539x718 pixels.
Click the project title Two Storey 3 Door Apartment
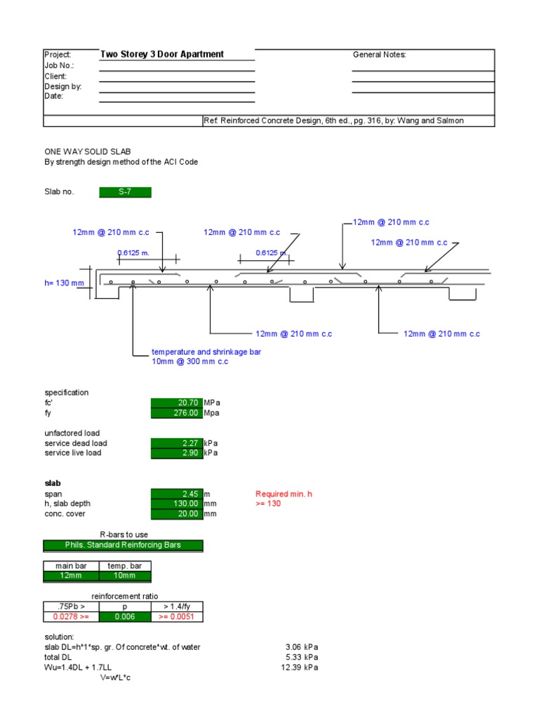(162, 54)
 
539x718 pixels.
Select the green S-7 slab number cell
(125, 192)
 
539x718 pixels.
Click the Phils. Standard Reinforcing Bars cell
(123, 545)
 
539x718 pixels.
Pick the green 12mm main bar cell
(70, 576)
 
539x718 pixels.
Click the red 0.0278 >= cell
(70, 617)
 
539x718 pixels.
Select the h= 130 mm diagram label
(64, 283)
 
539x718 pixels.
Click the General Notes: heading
(379, 55)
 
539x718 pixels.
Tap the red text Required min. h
(284, 494)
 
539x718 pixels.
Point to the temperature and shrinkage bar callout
(206, 352)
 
